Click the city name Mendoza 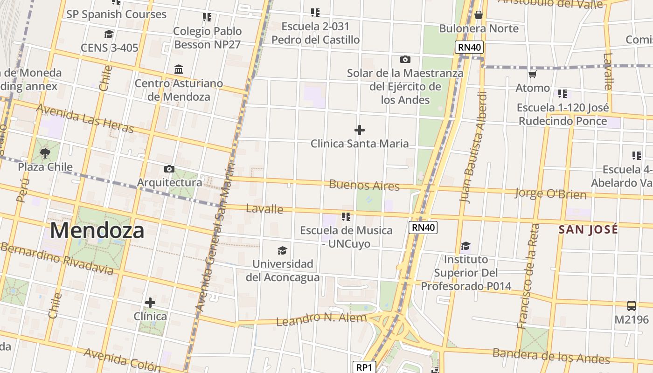[x=97, y=231]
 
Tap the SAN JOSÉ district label [x=588, y=229]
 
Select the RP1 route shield [x=364, y=367]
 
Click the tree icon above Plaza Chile [x=45, y=153]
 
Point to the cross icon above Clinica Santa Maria [x=359, y=130]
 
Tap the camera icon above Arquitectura [x=169, y=169]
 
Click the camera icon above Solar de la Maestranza [x=405, y=59]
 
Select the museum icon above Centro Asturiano [x=178, y=69]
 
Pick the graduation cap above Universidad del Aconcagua [x=282, y=251]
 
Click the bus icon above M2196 [x=631, y=306]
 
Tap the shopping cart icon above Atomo [x=532, y=74]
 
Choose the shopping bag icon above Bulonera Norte [x=478, y=15]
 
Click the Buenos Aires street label [x=364, y=185]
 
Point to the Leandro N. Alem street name [x=321, y=319]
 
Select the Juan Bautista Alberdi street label [x=473, y=147]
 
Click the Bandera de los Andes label [x=551, y=356]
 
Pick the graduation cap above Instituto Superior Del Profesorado [x=465, y=246]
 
